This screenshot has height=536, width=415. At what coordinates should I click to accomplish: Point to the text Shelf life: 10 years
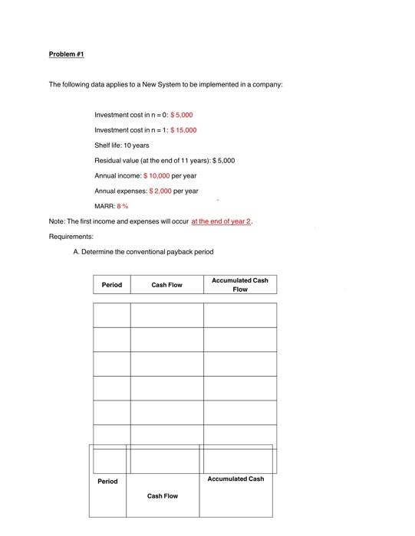coord(121,145)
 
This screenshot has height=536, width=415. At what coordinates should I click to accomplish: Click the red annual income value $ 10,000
coord(161,175)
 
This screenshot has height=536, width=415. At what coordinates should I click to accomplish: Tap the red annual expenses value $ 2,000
coord(156,191)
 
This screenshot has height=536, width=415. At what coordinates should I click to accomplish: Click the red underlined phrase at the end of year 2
coord(220,221)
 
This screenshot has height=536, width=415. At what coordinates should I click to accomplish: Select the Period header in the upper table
coord(111,285)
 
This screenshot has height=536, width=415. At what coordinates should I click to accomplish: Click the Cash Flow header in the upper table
coord(166,285)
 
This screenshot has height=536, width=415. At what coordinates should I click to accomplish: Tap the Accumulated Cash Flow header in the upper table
coord(240,285)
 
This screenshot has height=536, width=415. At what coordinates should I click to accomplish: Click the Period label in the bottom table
coord(108,481)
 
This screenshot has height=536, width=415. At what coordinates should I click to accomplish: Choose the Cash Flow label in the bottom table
coord(163,496)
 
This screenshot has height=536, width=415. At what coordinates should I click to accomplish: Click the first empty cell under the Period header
coord(111,315)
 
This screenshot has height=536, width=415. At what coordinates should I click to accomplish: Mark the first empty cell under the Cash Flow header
coord(166,315)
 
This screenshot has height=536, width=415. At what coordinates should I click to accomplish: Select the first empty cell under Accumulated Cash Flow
coord(240,315)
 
